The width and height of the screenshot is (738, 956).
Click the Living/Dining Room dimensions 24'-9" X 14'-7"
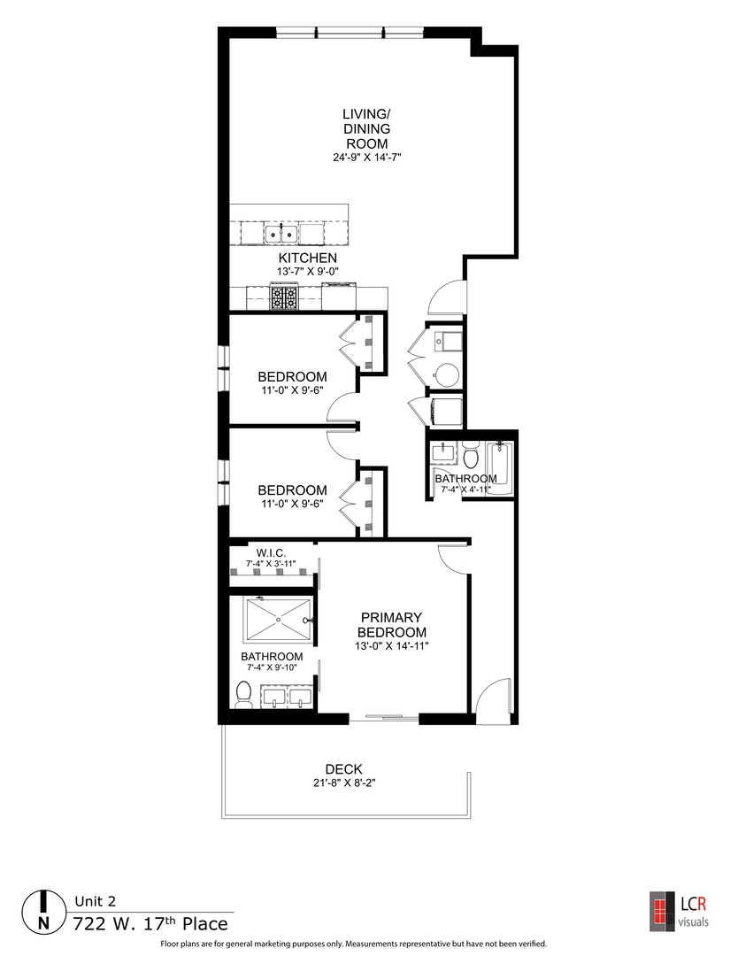[x=367, y=158]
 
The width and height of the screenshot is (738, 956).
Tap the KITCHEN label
[x=308, y=258]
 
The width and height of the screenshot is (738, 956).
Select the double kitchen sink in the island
[x=281, y=234]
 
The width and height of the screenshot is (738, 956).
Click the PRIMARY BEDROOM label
[x=391, y=625]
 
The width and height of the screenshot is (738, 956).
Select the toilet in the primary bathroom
[x=243, y=695]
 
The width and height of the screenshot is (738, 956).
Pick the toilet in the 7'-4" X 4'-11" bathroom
[x=471, y=456]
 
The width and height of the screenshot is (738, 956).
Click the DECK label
[x=343, y=769]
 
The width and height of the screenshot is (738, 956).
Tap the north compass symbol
[x=42, y=912]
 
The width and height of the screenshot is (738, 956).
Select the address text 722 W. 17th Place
[x=150, y=925]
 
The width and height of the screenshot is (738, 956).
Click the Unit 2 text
[x=95, y=902]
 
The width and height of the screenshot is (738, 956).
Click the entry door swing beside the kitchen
[x=445, y=297]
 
